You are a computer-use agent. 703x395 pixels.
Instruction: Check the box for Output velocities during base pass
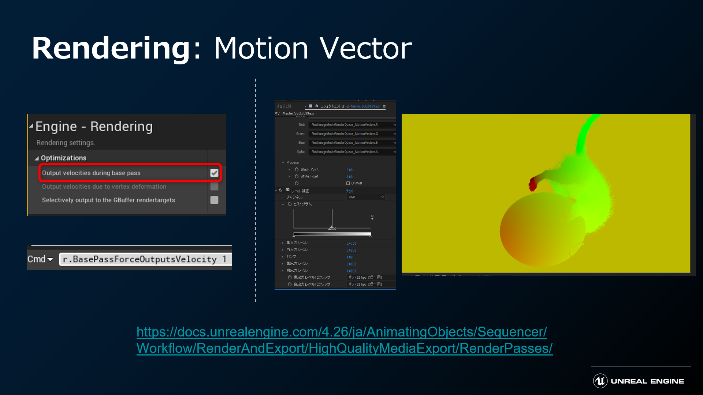[x=214, y=173]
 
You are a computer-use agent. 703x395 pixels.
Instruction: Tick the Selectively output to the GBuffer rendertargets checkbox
[x=214, y=200]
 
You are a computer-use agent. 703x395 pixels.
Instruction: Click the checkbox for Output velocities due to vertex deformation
[x=214, y=187]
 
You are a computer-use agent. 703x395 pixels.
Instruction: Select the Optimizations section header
[x=63, y=158]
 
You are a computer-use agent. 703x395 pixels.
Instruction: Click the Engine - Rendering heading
[x=94, y=127]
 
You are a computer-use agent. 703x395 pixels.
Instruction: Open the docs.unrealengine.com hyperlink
[x=344, y=340]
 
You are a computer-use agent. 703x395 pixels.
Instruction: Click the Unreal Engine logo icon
[x=600, y=381]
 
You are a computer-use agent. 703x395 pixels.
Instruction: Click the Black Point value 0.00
[x=349, y=170]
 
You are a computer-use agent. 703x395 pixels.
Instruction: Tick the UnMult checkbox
[x=348, y=183]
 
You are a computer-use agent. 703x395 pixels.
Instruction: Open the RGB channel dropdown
[x=366, y=197]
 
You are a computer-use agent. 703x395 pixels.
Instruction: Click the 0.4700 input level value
[x=351, y=243]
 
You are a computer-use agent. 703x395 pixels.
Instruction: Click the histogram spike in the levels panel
[x=332, y=219]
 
